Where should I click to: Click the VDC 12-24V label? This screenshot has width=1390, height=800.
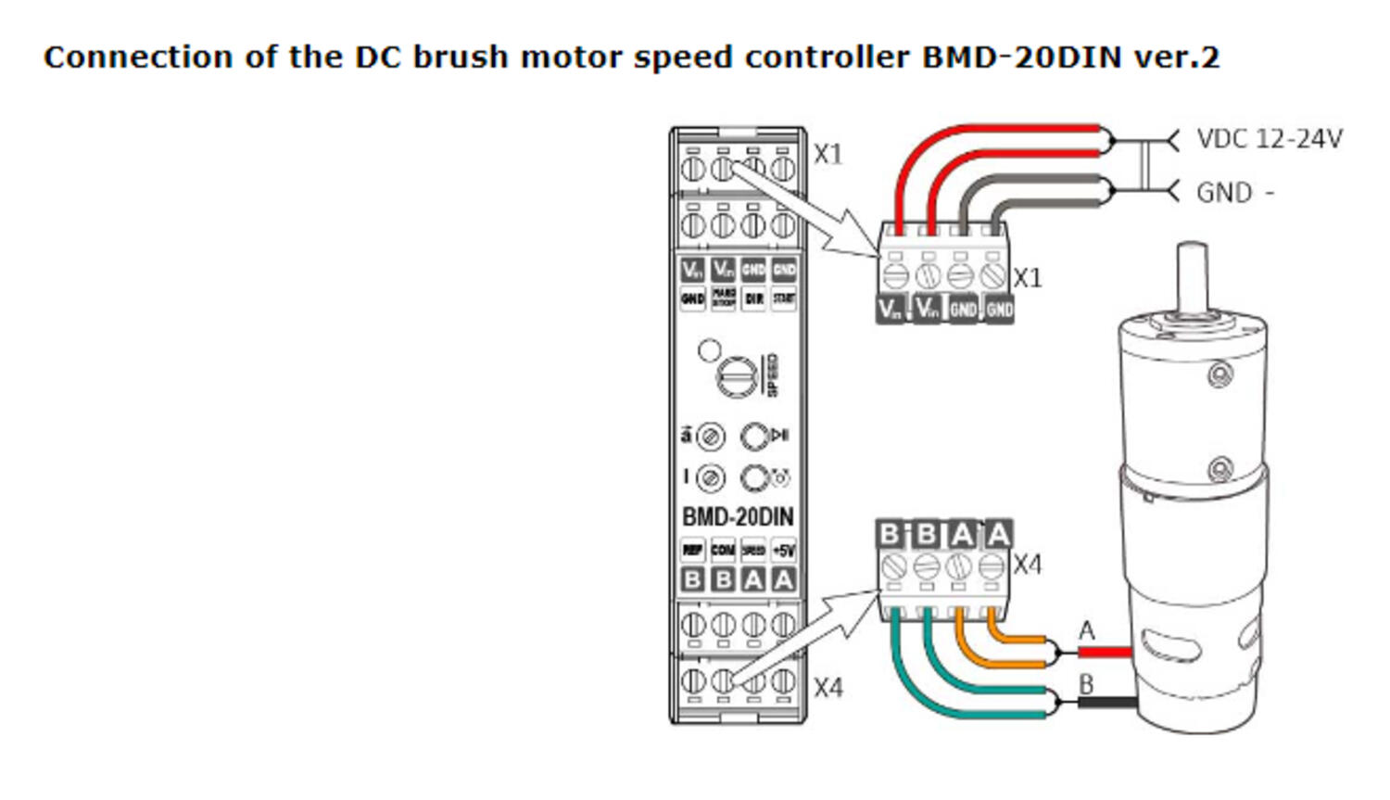(1268, 139)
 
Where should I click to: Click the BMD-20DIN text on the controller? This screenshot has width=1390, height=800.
(738, 516)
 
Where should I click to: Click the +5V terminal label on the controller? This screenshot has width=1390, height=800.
(784, 550)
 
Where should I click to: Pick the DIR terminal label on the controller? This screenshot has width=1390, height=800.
(753, 298)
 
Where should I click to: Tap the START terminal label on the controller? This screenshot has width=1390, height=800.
(784, 298)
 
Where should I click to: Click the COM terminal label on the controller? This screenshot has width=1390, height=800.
(723, 550)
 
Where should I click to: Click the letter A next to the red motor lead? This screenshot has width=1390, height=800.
(1087, 631)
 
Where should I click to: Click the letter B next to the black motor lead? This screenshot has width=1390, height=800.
(1087, 685)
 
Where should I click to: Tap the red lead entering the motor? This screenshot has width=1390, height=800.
(1107, 653)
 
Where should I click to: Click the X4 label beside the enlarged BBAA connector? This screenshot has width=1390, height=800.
(1027, 565)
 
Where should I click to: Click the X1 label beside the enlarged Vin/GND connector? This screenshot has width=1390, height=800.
(1027, 278)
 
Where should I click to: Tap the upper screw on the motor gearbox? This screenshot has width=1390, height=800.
(1219, 375)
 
